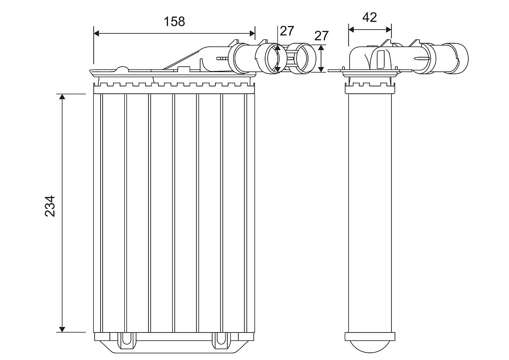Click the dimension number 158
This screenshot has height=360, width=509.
pos(174,22)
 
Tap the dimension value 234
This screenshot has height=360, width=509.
pos(50,206)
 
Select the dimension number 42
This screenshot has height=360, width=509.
pos(369,17)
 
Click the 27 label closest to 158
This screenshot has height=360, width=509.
pos(287,31)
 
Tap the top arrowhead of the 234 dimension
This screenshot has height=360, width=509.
pos(62,96)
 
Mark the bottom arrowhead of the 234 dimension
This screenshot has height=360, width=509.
pos(62,329)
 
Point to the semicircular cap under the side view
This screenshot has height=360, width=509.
pos(369,344)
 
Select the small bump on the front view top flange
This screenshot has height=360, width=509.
pos(122,69)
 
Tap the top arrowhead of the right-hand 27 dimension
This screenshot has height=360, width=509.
pos(321,47)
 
